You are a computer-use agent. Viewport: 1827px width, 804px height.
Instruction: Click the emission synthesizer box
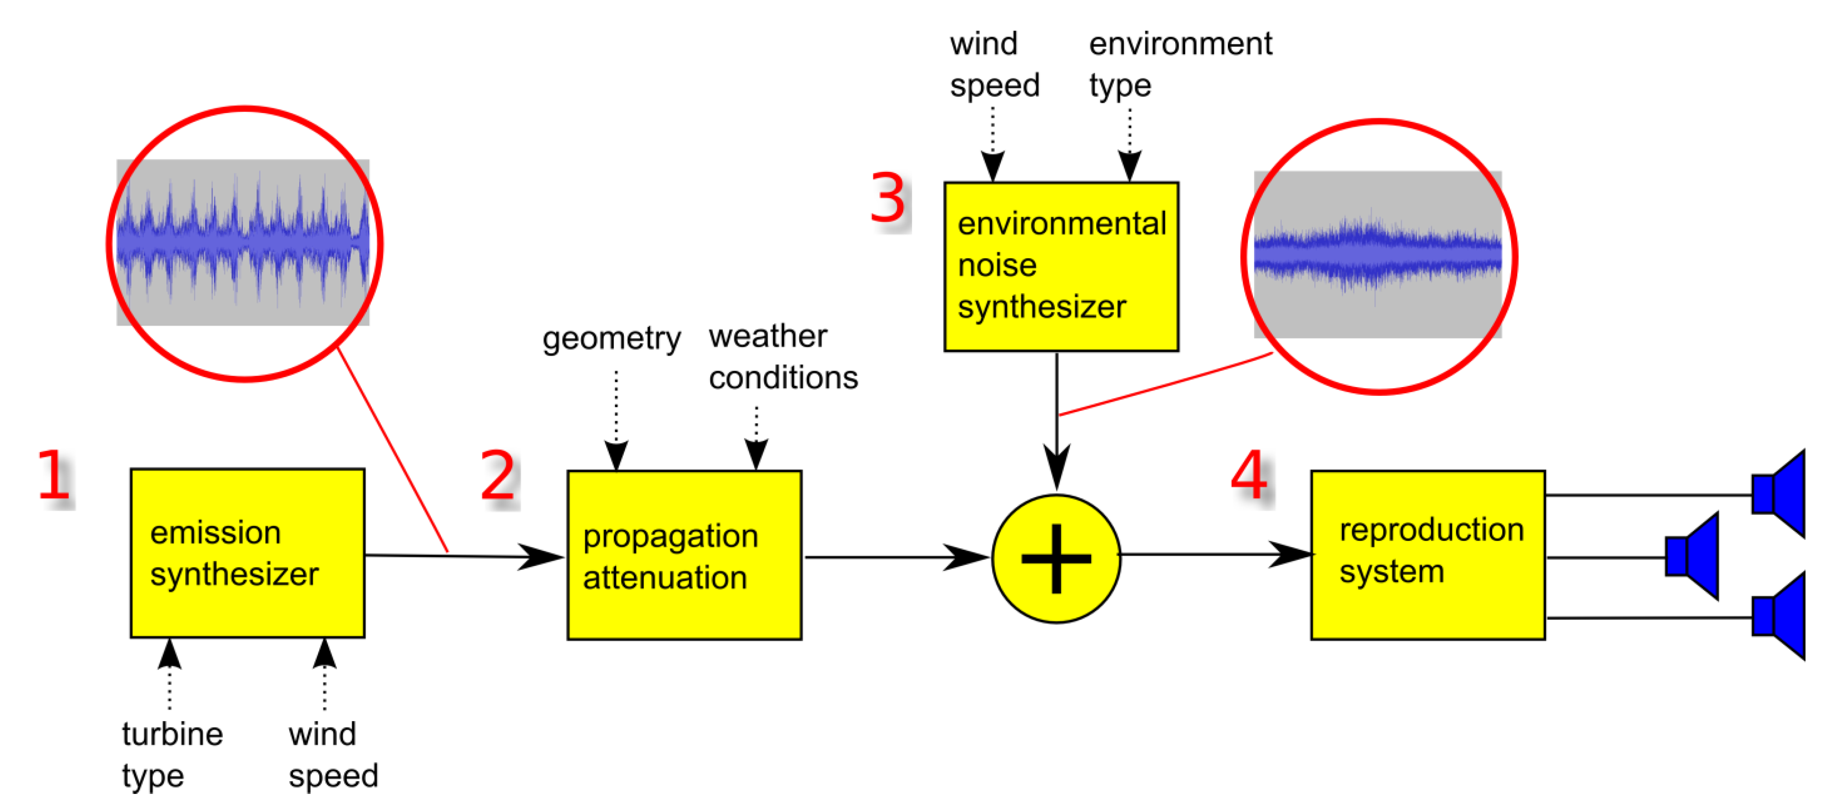tap(247, 553)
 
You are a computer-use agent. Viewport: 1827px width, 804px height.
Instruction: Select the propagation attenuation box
tap(684, 555)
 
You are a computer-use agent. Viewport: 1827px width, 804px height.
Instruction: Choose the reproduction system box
tap(1428, 555)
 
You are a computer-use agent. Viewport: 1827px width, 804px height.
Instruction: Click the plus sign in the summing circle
tap(1056, 559)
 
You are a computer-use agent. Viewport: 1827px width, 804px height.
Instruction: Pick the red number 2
tap(498, 475)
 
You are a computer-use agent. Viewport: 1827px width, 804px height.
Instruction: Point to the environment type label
tap(1180, 64)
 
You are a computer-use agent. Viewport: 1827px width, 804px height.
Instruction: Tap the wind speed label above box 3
tap(994, 64)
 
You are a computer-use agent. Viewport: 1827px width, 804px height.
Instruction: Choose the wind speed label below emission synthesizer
tap(333, 754)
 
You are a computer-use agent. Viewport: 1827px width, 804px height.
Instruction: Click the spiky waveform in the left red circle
tap(243, 242)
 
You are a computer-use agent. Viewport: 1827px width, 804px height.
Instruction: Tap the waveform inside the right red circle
tap(1377, 254)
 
